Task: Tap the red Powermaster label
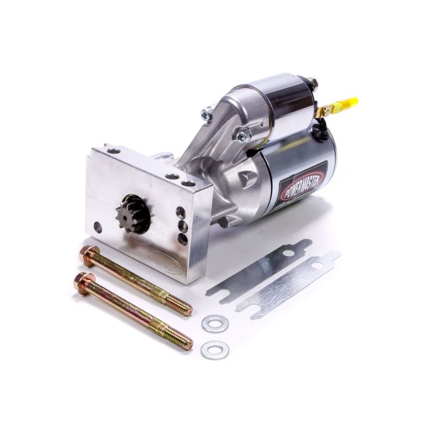[x=304, y=180]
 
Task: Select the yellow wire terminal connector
[x=346, y=104]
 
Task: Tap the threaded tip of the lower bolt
[x=183, y=341]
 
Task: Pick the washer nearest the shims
[x=214, y=324]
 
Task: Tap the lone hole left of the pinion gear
[x=98, y=227]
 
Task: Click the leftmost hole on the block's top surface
[x=114, y=151]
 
